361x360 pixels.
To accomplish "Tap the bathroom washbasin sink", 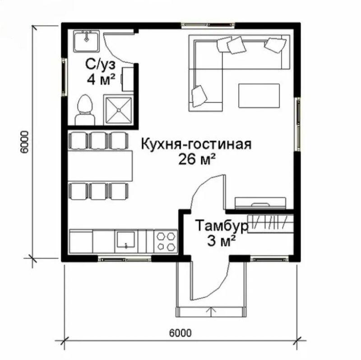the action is point(86,41).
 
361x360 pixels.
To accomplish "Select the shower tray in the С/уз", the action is point(119,110).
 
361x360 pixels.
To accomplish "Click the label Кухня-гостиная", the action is point(196,144).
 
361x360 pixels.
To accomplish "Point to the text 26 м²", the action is point(197,159).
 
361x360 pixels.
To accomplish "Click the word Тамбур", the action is point(222,226).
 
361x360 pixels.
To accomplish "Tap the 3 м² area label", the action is point(222,241).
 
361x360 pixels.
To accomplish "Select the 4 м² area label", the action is point(101,79).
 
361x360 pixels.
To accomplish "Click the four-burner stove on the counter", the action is point(166,241).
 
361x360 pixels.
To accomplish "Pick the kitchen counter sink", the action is point(126,240).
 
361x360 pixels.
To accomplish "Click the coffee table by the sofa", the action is point(259,96).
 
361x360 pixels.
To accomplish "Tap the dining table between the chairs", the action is point(100,166).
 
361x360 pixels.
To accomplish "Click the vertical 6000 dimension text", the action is point(24,142).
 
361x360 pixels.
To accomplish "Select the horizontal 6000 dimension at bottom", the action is point(180,332).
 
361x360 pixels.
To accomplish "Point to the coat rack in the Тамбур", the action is point(270,224).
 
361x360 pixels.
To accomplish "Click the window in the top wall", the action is point(208,25).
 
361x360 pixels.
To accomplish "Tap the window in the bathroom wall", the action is point(64,77).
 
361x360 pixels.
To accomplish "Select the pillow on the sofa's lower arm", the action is point(199,96).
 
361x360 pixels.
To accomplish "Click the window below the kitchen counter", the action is point(125,259).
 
